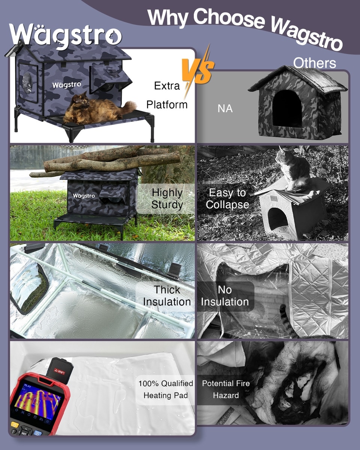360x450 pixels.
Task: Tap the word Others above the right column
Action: pos(314,63)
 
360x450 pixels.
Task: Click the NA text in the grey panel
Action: pos(225,108)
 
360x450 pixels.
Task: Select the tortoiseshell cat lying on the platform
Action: pos(98,108)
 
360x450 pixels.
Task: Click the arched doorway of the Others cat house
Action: pos(287,108)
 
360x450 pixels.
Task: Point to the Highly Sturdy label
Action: pos(167,198)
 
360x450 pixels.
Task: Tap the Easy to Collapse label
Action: pos(227,198)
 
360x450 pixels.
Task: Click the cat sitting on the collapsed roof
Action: pos(293,169)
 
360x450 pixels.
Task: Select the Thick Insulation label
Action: pos(167,296)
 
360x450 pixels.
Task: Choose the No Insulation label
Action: pos(225,296)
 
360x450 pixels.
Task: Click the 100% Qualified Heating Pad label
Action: pos(166,390)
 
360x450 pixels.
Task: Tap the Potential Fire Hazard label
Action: pos(226,389)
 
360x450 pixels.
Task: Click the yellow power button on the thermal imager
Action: pos(14,425)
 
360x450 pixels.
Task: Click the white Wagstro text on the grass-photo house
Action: pos(84,196)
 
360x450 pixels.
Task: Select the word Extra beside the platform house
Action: pos(167,86)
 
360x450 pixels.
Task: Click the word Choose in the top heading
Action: pos(229,19)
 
